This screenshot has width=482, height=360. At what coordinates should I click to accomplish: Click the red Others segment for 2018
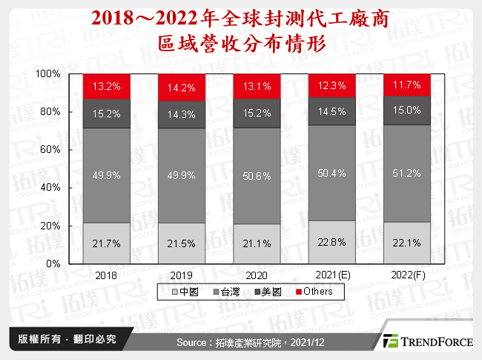click(107, 86)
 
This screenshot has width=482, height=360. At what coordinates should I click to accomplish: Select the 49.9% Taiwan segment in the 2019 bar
click(182, 174)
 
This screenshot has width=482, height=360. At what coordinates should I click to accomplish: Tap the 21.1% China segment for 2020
click(257, 243)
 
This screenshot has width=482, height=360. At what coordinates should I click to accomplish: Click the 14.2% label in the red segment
click(182, 88)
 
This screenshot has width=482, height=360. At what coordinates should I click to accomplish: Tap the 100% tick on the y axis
click(48, 74)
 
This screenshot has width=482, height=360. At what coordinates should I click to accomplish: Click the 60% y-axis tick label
click(50, 150)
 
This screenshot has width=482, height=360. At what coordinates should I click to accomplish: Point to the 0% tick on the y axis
click(53, 264)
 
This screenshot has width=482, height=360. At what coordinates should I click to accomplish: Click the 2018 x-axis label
click(107, 275)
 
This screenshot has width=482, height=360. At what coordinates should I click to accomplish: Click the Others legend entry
click(314, 292)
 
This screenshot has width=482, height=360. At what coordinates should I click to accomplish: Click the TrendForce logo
click(426, 341)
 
